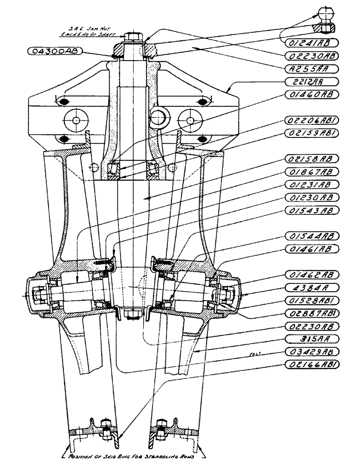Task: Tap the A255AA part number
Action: [x=310, y=69]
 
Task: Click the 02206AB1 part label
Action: [x=310, y=120]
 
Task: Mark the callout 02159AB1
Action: [x=310, y=133]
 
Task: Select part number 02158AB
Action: [x=310, y=158]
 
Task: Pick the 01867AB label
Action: [x=310, y=171]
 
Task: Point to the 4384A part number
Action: [x=310, y=287]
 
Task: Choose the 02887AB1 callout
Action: [x=310, y=312]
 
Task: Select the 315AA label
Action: [x=310, y=338]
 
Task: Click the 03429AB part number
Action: [x=310, y=351]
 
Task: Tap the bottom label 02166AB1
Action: [x=310, y=364]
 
